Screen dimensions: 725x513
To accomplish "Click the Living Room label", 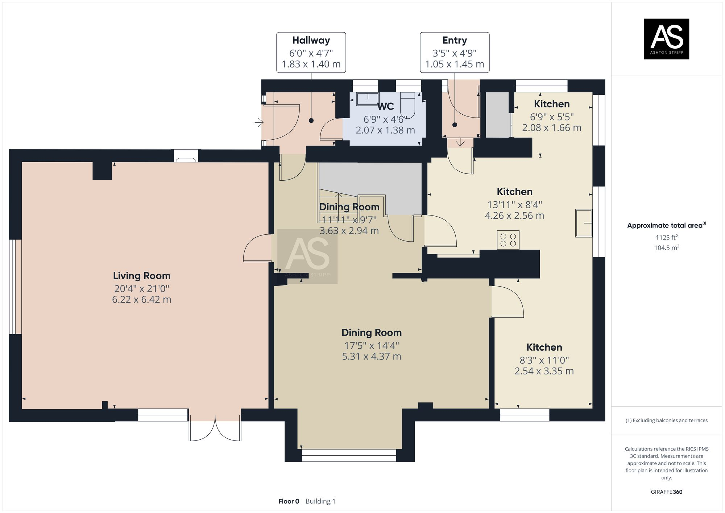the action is tap(142, 276).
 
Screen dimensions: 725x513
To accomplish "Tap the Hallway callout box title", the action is tap(311, 40).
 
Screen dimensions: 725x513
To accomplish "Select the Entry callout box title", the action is tap(455, 40).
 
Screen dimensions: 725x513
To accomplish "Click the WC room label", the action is tap(385, 106).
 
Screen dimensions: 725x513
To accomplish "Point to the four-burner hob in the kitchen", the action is tap(508, 240).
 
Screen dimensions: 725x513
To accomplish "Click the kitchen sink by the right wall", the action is tap(584, 223).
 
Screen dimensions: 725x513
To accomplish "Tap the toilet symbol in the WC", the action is tap(407, 104).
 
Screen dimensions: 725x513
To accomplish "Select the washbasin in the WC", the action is tap(368, 99).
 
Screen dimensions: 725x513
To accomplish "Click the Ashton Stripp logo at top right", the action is tap(666, 39).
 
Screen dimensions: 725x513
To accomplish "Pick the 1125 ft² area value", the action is tap(667, 238).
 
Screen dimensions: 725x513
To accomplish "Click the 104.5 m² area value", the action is tap(667, 248).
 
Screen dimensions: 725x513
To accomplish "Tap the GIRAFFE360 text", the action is tap(667, 492).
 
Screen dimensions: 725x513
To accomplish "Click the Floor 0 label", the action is tap(289, 501).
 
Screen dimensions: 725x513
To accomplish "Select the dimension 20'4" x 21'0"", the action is tap(142, 289).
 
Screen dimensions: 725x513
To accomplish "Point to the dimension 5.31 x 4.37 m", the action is tap(372, 356).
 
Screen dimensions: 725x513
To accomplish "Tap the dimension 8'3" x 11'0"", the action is tap(544, 360).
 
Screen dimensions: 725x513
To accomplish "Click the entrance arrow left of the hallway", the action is tap(259, 123).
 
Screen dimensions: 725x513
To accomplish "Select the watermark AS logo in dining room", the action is tap(307, 256).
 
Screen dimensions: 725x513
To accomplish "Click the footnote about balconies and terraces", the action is tap(667, 420).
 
